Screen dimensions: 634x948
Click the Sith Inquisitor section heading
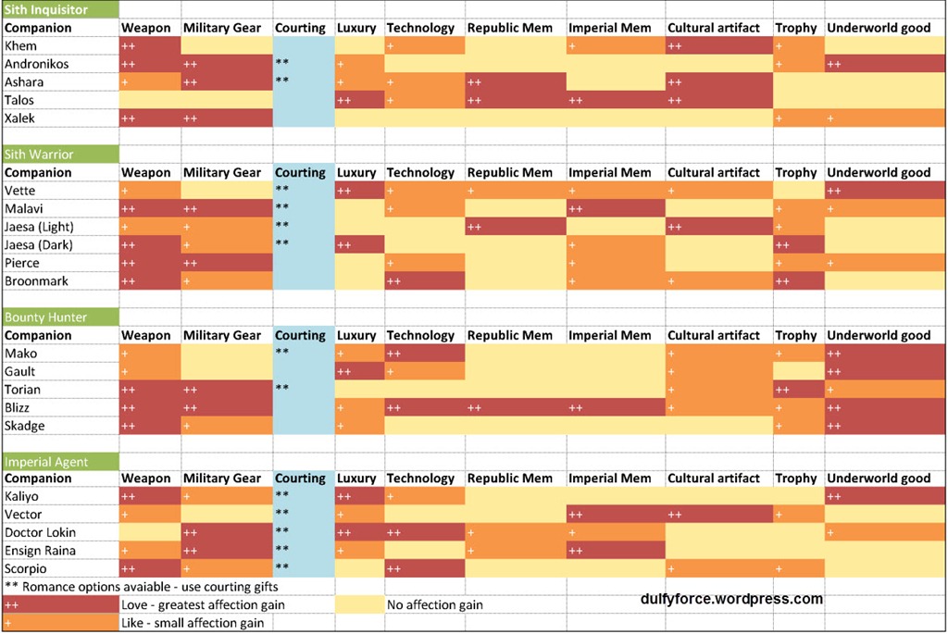pyautogui.click(x=46, y=10)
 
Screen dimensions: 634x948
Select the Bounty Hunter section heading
pyautogui.click(x=45, y=317)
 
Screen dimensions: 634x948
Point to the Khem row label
pyautogui.click(x=21, y=46)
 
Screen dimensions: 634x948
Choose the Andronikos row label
pyautogui.click(x=37, y=64)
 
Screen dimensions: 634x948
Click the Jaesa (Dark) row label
pyautogui.click(x=39, y=245)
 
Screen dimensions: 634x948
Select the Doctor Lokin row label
pyautogui.click(x=41, y=533)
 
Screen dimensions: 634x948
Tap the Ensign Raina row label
pyautogui.click(x=40, y=551)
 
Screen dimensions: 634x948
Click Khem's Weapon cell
pyautogui.click(x=150, y=46)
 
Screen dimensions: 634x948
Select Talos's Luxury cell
pyautogui.click(x=359, y=100)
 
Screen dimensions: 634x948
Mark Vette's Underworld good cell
pyautogui.click(x=884, y=191)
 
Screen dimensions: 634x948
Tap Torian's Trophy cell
pyautogui.click(x=798, y=390)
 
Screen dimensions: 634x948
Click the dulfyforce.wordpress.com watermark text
pyautogui.click(x=731, y=599)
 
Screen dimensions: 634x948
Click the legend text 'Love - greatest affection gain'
pyautogui.click(x=203, y=605)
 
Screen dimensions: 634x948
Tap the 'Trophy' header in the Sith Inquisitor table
pyautogui.click(x=796, y=28)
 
